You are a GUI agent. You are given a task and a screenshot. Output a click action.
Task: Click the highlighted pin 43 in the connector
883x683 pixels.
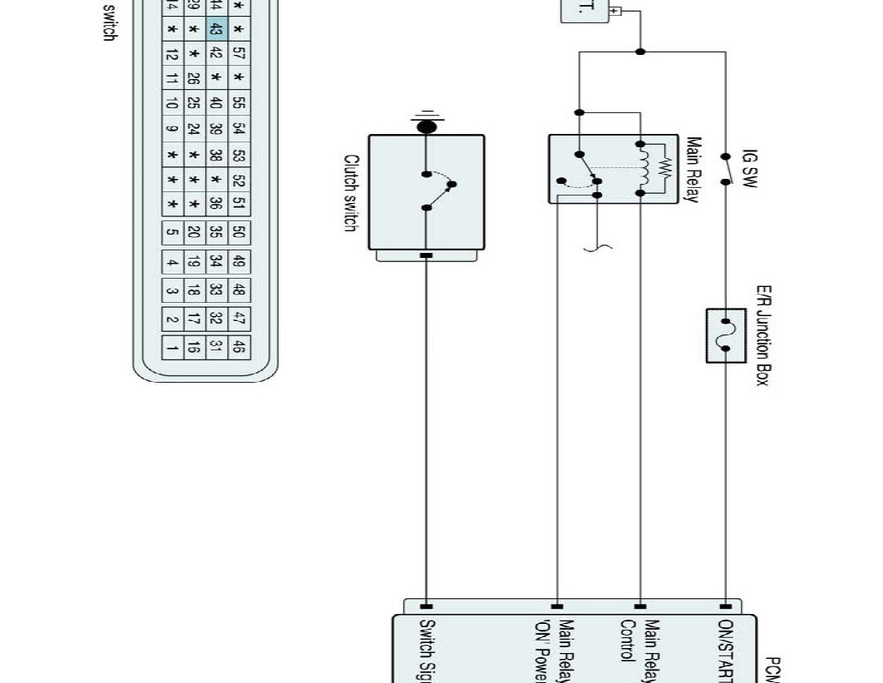tap(215, 29)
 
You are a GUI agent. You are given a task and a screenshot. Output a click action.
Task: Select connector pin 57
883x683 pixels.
tap(239, 53)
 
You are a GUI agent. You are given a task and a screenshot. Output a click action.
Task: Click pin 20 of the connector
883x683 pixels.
tap(193, 232)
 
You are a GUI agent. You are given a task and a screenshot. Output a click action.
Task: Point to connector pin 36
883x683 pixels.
tap(215, 202)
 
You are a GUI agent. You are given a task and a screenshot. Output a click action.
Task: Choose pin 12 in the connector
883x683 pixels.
tap(170, 53)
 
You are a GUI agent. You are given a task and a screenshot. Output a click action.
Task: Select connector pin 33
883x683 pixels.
tap(215, 290)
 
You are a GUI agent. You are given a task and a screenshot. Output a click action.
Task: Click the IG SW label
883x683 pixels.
tap(749, 169)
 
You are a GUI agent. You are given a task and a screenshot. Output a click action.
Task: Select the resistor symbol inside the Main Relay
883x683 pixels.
tap(663, 168)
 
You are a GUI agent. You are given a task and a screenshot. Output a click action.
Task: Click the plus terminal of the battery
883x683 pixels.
tap(615, 11)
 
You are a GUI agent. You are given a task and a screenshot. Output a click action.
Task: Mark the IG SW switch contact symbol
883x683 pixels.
tap(725, 169)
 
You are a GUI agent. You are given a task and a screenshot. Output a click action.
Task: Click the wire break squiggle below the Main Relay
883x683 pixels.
tap(596, 246)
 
